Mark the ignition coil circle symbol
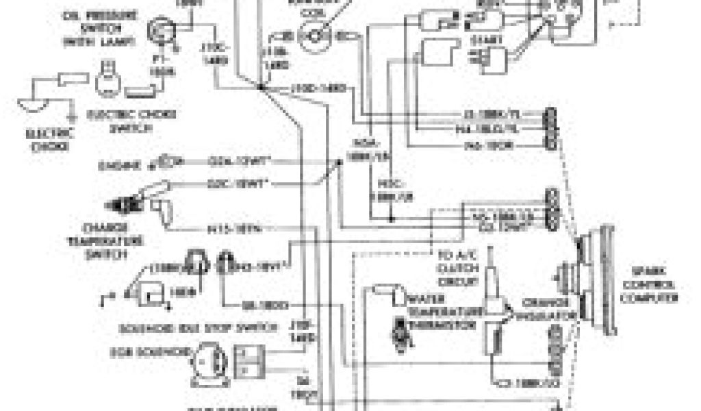[x=317, y=34]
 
